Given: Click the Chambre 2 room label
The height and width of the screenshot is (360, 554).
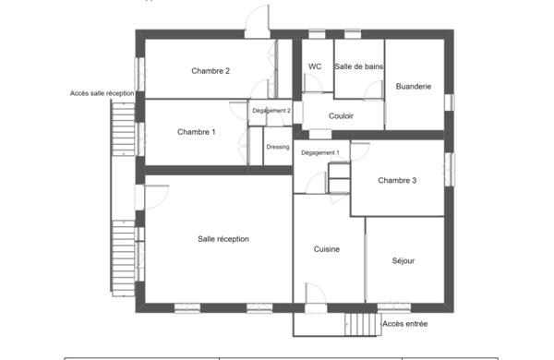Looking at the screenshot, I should click(x=211, y=71).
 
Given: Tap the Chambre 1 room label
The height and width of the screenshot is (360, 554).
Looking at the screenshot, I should click(x=196, y=132).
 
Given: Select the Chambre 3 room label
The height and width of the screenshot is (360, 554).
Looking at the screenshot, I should click(x=397, y=180).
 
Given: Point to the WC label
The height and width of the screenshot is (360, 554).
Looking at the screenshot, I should click(x=315, y=66).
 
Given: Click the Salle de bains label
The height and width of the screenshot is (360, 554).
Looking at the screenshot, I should click(x=358, y=66).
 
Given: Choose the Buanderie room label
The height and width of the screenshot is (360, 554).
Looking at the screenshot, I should click(x=413, y=87).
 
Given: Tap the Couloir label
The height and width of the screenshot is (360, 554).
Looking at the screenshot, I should click(x=342, y=115).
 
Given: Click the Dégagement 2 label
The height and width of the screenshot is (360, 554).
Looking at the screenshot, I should click(x=271, y=111).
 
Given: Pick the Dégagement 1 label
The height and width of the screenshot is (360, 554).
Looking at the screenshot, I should click(x=320, y=152).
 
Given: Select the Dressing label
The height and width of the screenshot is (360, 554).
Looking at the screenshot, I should click(x=278, y=147).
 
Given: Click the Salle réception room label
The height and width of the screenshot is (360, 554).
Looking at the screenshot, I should click(x=223, y=239).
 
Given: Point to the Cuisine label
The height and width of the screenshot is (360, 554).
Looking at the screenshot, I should click(x=326, y=249).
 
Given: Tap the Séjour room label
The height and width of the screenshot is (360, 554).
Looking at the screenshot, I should click(x=403, y=260).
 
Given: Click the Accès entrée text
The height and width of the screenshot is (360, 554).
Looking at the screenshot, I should click(x=404, y=324).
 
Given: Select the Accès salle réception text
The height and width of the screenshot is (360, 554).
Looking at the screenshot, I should click(x=102, y=93).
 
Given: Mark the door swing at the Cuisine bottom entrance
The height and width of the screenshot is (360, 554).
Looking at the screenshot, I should click(x=315, y=294).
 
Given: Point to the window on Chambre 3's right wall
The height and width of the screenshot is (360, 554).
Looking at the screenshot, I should click(x=449, y=168).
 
